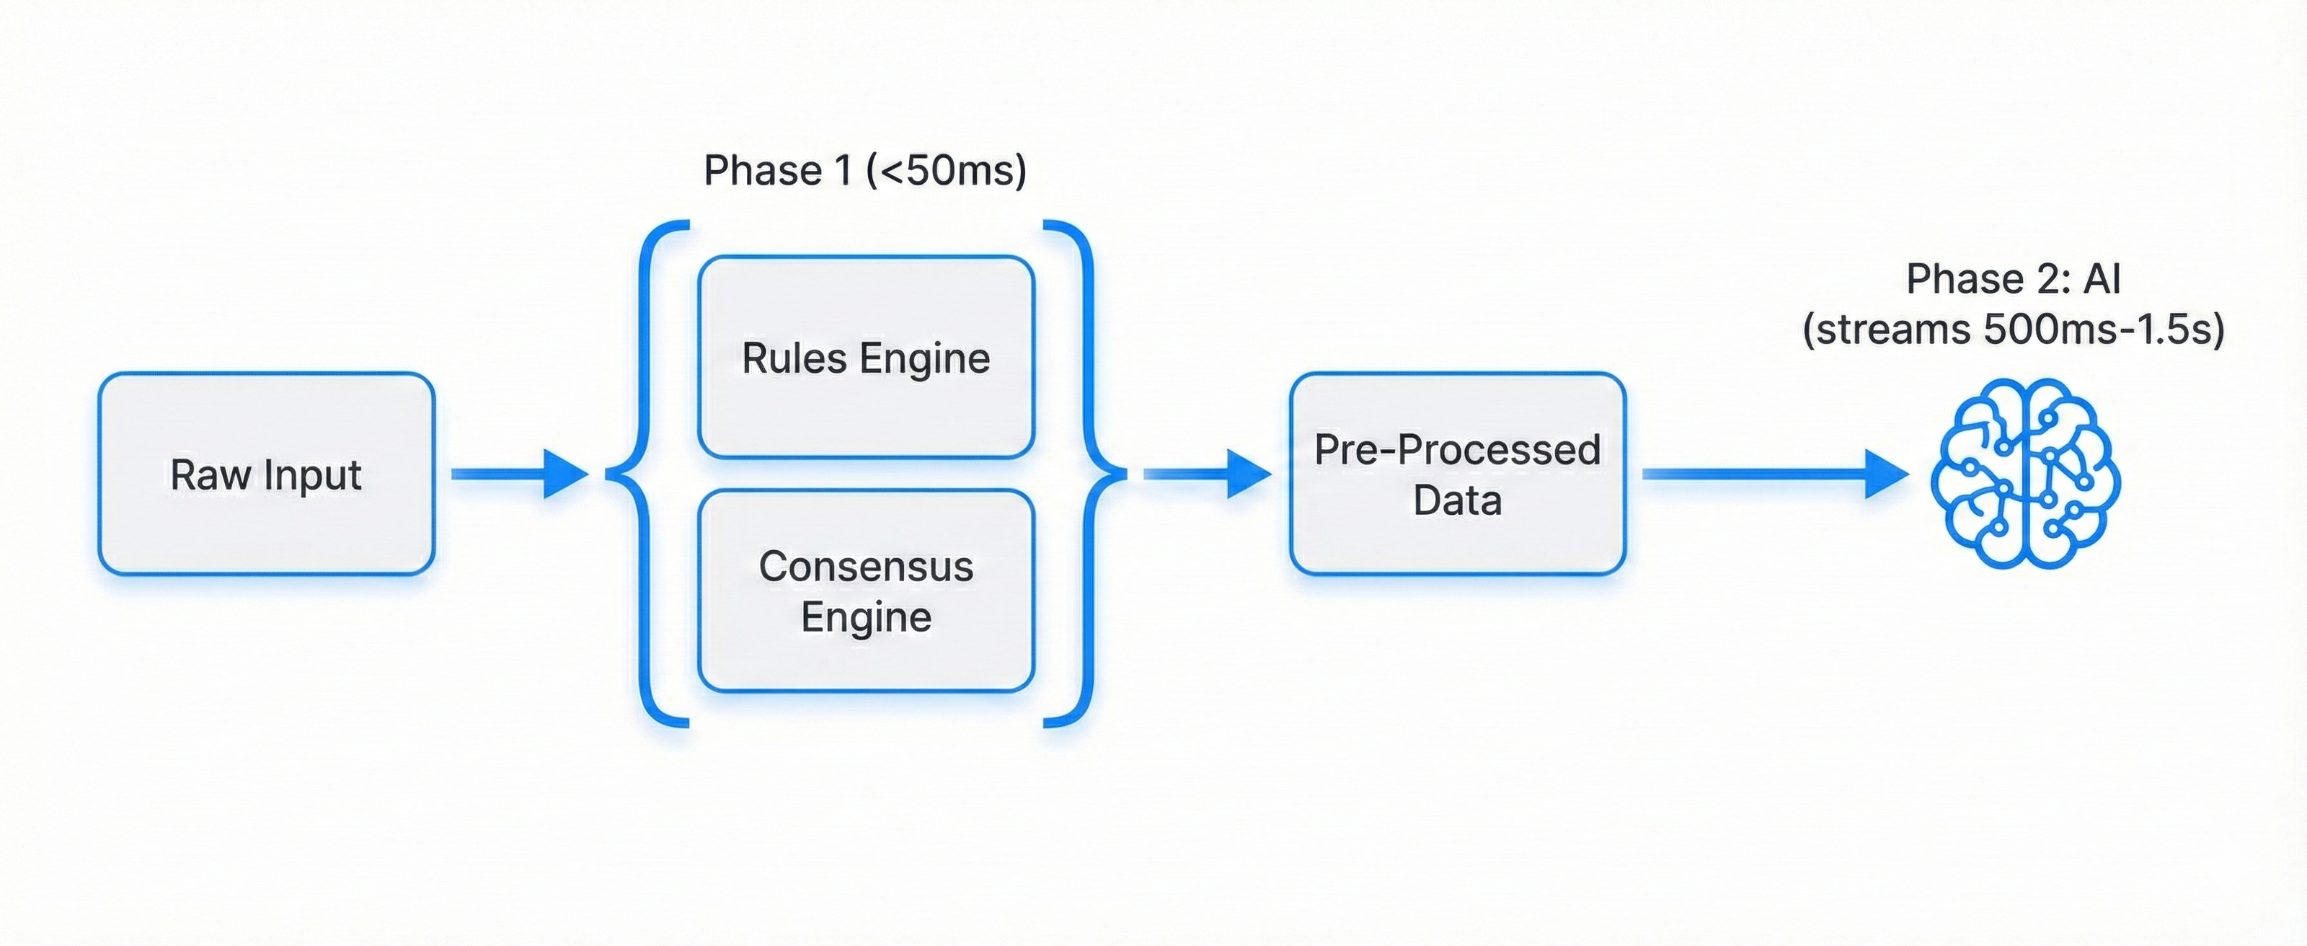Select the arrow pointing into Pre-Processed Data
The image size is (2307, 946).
(1205, 474)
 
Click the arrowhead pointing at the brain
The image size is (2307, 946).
(1885, 474)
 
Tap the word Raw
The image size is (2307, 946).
(211, 474)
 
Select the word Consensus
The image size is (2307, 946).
(866, 566)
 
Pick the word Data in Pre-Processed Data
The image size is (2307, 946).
(1457, 500)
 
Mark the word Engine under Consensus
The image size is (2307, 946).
(866, 617)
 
